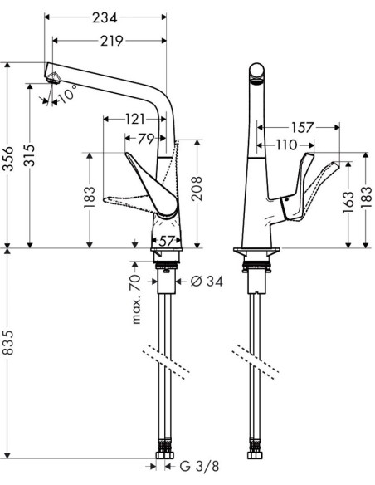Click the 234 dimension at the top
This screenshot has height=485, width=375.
pyautogui.click(x=105, y=17)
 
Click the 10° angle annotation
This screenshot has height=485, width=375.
pyautogui.click(x=67, y=93)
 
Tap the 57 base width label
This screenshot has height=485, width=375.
pyautogui.click(x=168, y=240)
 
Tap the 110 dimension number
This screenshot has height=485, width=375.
pyautogui.click(x=286, y=145)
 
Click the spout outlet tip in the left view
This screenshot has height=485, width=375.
pyautogui.click(x=53, y=77)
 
